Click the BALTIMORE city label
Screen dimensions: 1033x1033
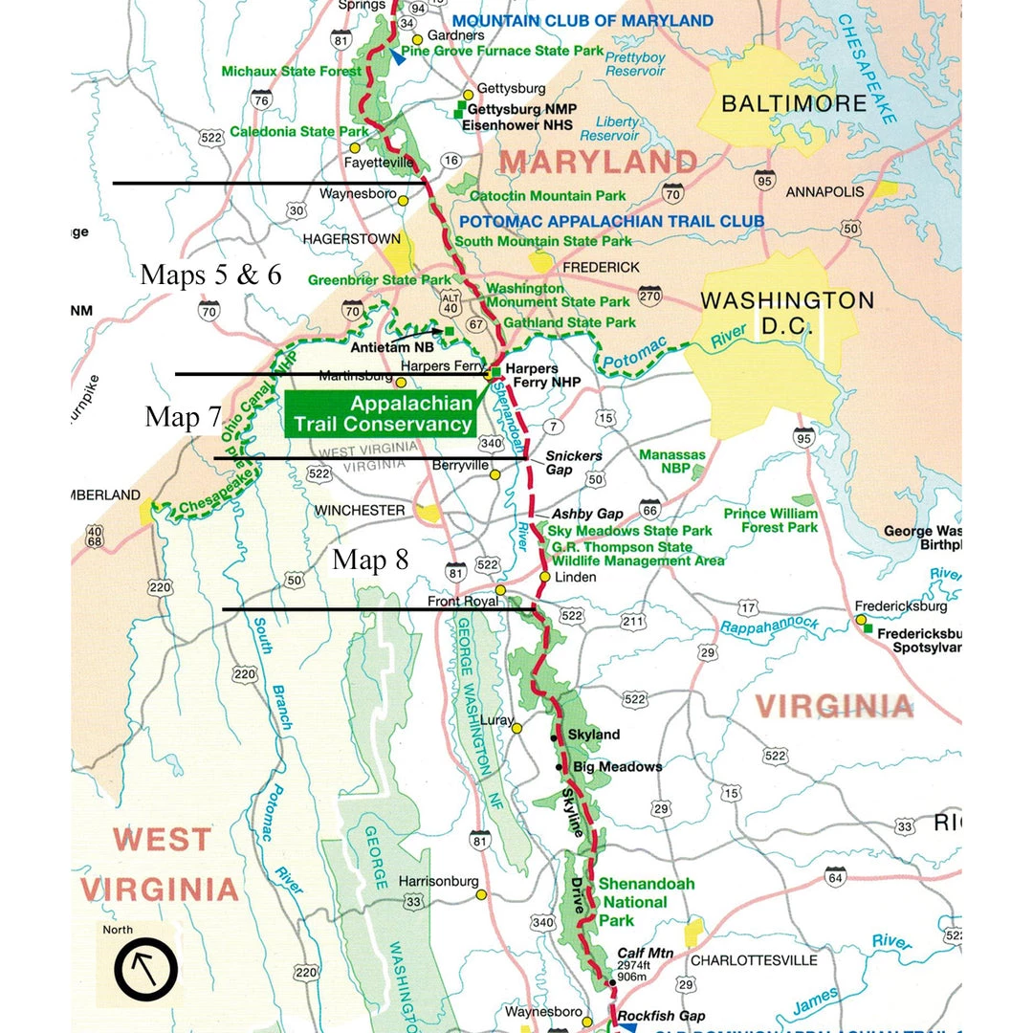pos(793,103)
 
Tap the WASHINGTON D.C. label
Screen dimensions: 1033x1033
pos(787,313)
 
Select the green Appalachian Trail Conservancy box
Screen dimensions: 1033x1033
pos(381,413)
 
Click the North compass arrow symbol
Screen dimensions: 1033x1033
pos(146,969)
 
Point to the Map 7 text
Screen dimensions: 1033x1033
pos(183,416)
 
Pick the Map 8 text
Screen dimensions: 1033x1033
pos(370,560)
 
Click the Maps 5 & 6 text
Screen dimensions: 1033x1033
pos(210,275)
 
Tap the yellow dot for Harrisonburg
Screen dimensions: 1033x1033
pos(482,895)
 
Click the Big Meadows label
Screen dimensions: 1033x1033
pos(617,767)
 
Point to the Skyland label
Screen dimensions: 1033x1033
pos(594,735)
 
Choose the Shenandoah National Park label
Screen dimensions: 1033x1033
pos(633,902)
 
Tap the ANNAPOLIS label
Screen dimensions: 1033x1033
pos(824,191)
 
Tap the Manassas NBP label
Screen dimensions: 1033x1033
pos(672,462)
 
